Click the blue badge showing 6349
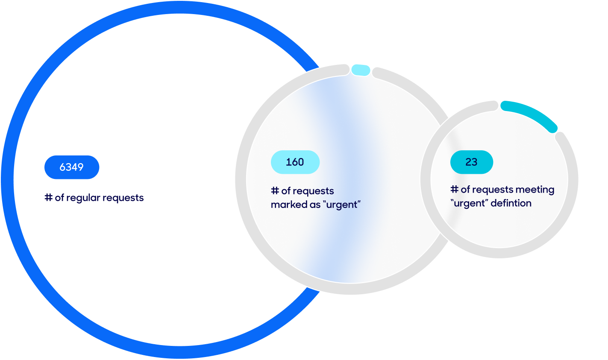coord(72,167)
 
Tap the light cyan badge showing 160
coord(295,162)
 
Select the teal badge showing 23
coord(471,162)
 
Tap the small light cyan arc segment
coord(361,70)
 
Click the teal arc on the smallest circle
coord(532,114)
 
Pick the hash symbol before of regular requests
coord(49,197)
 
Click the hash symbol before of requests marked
coord(275,190)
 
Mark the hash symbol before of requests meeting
coord(454,189)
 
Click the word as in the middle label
coord(315,205)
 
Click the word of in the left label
coord(59,197)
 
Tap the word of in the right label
coord(465,189)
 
